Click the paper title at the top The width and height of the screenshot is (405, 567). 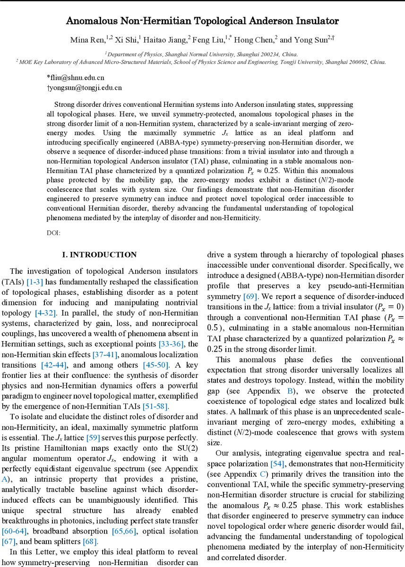(202, 21)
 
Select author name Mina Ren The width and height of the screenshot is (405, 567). (87, 40)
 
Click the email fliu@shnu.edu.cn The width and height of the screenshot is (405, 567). (76, 77)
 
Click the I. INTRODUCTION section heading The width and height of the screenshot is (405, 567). (100, 255)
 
